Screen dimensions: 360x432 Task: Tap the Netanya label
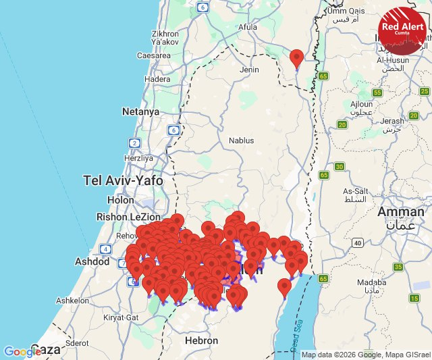click(140, 111)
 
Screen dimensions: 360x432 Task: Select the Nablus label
click(242, 140)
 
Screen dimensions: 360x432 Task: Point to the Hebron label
click(201, 341)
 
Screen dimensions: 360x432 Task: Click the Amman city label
click(401, 212)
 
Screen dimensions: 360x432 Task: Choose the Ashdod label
click(93, 261)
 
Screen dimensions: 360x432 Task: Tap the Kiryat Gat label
click(122, 317)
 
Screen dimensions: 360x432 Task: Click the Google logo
click(22, 351)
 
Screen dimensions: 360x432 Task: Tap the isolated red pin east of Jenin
click(296, 58)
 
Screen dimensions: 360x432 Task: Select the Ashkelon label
click(72, 301)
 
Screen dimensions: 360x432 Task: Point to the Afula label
click(248, 27)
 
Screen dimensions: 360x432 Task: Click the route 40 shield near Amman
click(356, 242)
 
